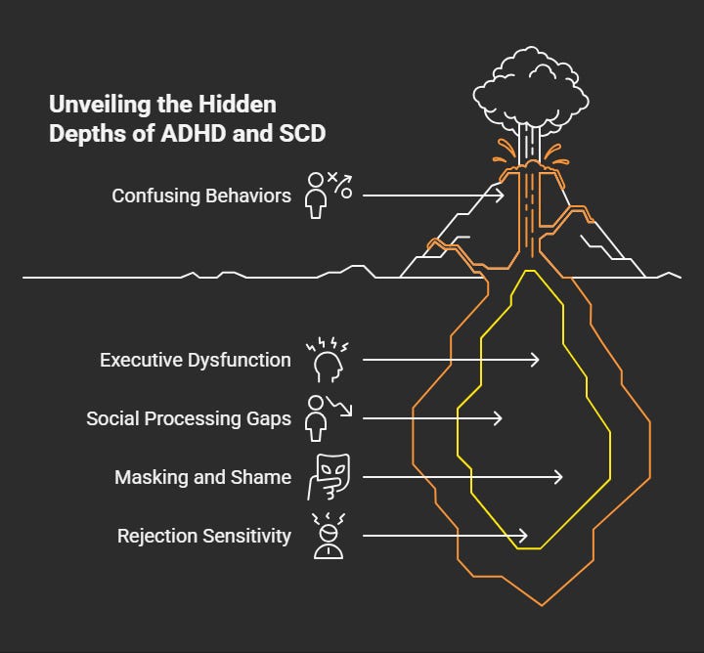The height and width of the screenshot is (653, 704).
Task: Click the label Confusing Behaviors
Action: pos(201,196)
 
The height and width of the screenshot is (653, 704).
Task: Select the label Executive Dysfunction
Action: pos(196,360)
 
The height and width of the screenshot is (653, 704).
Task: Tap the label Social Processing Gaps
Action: pos(189,418)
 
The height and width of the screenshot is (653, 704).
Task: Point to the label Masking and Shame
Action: pos(202,477)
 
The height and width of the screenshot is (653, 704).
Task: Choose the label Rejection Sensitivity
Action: pos(204,536)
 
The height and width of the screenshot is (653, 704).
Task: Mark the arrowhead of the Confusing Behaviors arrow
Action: pos(501,196)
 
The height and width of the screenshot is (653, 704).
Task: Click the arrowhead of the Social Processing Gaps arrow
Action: pos(499,418)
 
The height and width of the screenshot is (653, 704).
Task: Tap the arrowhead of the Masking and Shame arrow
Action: pos(559,477)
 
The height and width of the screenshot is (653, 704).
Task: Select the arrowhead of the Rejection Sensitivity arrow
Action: pos(524,536)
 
